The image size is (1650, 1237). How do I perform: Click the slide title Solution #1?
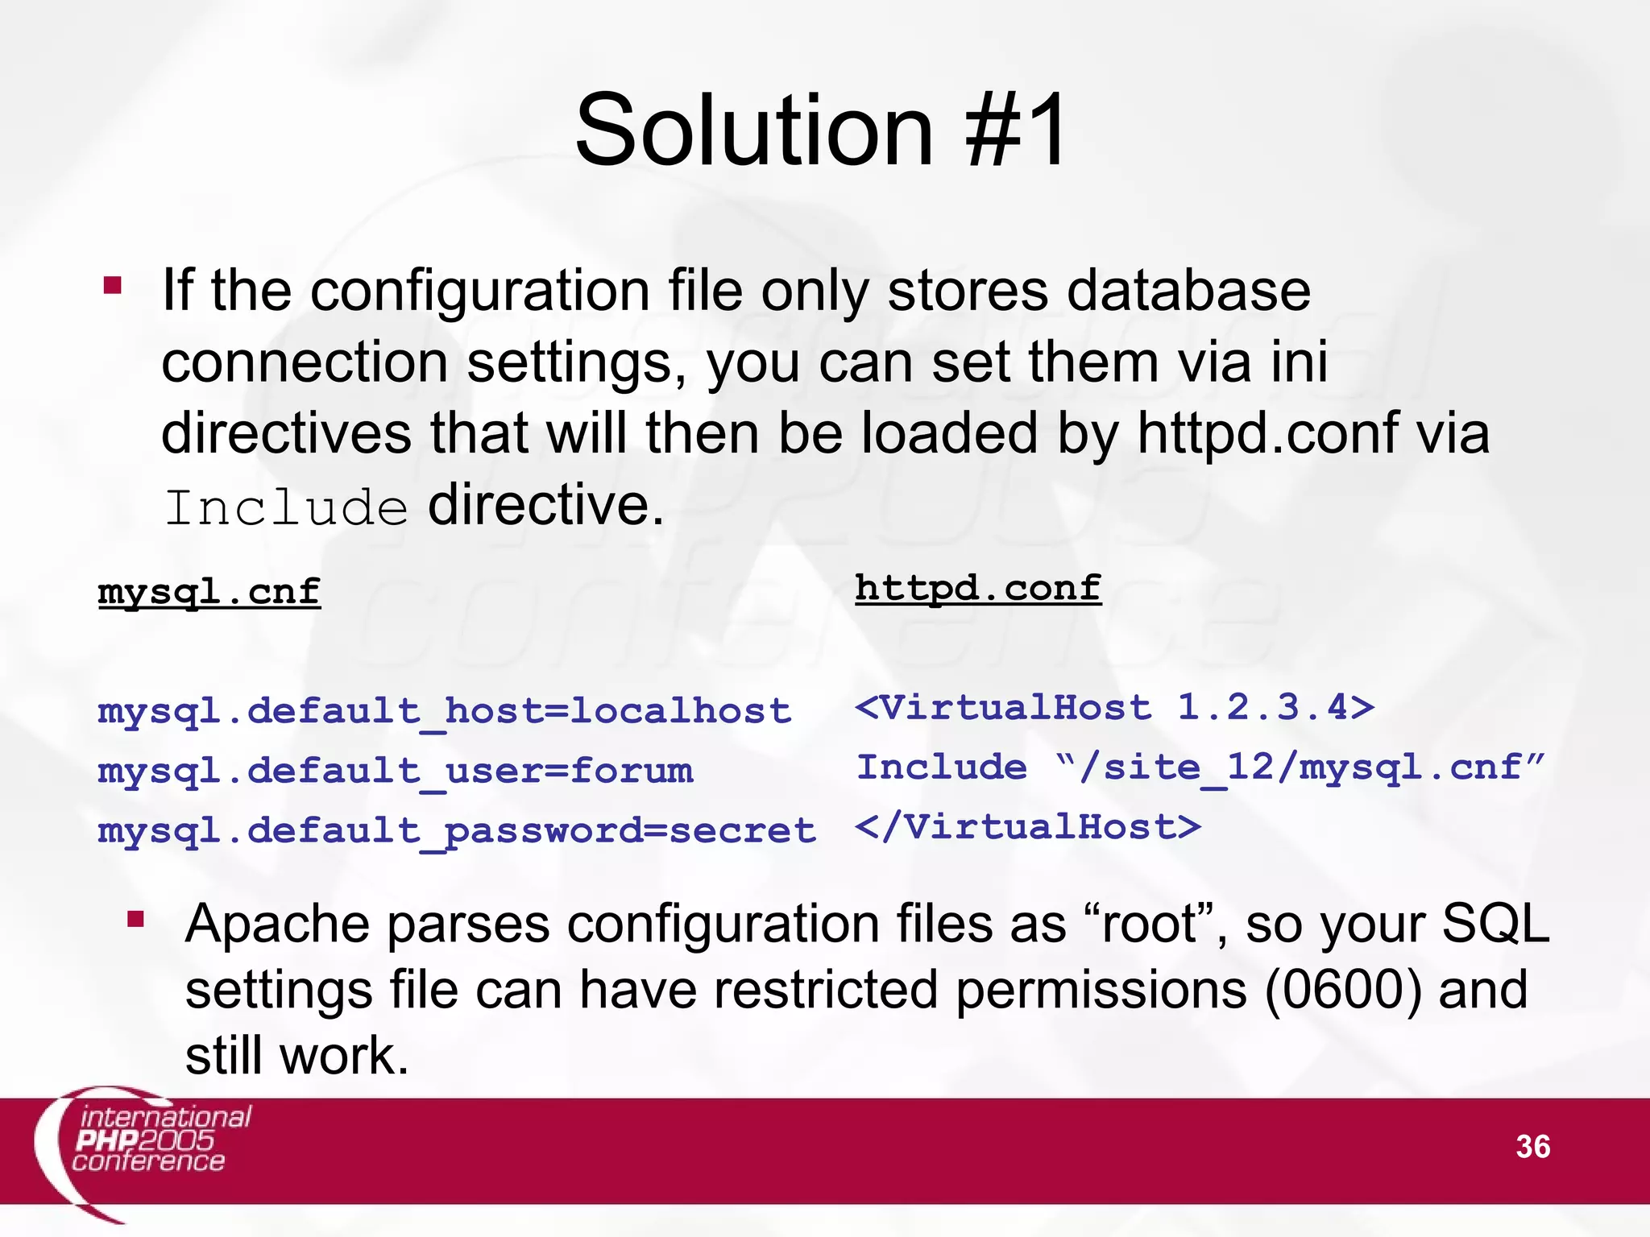coord(821,130)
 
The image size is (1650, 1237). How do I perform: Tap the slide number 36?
coord(1532,1147)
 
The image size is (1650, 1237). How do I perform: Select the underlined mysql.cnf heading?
coord(209,592)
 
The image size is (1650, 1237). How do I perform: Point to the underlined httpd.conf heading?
coord(978,588)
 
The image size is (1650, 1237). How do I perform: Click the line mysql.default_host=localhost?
coord(445,711)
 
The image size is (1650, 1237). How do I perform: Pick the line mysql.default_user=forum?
coord(395,771)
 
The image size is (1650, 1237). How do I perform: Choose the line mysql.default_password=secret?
coord(457,830)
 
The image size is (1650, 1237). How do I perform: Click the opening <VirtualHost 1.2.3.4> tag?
coord(1115,708)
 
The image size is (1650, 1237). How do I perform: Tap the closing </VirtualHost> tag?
coord(1028,827)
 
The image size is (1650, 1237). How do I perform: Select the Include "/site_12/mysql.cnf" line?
coord(1200,767)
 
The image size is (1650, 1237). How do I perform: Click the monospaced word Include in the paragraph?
coord(286,507)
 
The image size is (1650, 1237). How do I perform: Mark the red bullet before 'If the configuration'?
coord(113,286)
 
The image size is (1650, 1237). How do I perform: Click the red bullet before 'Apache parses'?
coord(135,919)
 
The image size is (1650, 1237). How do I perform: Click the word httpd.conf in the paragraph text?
coord(1267,433)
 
